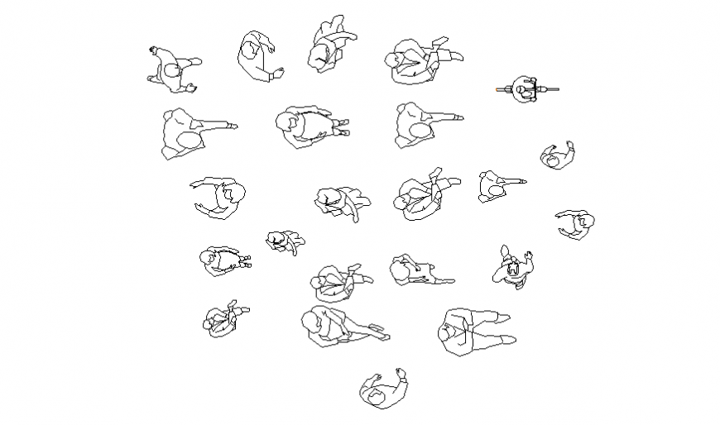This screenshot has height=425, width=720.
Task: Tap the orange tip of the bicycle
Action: pyautogui.click(x=500, y=89)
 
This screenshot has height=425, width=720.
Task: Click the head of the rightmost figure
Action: pyautogui.click(x=586, y=222)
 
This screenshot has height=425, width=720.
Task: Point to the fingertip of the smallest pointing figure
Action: pyautogui.click(x=525, y=177)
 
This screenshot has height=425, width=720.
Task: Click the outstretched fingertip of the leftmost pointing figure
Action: pyautogui.click(x=235, y=127)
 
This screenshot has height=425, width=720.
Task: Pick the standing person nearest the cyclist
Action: pyautogui.click(x=558, y=155)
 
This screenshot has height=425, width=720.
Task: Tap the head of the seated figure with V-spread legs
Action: pyautogui.click(x=449, y=333)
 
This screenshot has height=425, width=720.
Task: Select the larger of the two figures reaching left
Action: pyautogui.click(x=220, y=198)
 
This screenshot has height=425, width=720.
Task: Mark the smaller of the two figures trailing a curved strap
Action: pyautogui.click(x=284, y=241)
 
